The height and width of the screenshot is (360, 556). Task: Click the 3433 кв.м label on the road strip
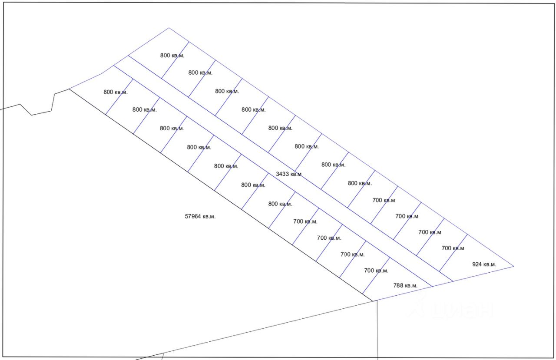point(288,174)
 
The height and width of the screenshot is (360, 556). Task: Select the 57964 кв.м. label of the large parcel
point(200,216)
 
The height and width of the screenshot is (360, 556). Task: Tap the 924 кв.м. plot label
point(484,264)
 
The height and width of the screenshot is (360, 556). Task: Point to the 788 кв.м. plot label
point(405,285)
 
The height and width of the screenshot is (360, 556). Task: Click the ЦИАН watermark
point(452,309)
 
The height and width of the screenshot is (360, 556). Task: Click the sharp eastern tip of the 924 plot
point(513,266)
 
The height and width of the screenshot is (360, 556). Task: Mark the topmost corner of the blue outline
point(169,28)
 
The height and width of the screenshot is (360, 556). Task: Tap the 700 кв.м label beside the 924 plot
point(453,248)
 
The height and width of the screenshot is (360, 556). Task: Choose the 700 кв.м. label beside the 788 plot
point(376,271)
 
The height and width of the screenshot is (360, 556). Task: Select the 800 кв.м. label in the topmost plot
point(172,55)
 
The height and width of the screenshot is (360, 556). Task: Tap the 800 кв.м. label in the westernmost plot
point(116,92)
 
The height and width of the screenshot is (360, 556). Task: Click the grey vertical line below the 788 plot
point(377,330)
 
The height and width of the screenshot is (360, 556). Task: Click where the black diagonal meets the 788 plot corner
point(373,301)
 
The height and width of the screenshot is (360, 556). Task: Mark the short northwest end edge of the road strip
point(121,61)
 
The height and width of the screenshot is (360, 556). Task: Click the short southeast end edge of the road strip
point(443,284)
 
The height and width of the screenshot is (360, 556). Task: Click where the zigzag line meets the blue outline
point(69,89)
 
